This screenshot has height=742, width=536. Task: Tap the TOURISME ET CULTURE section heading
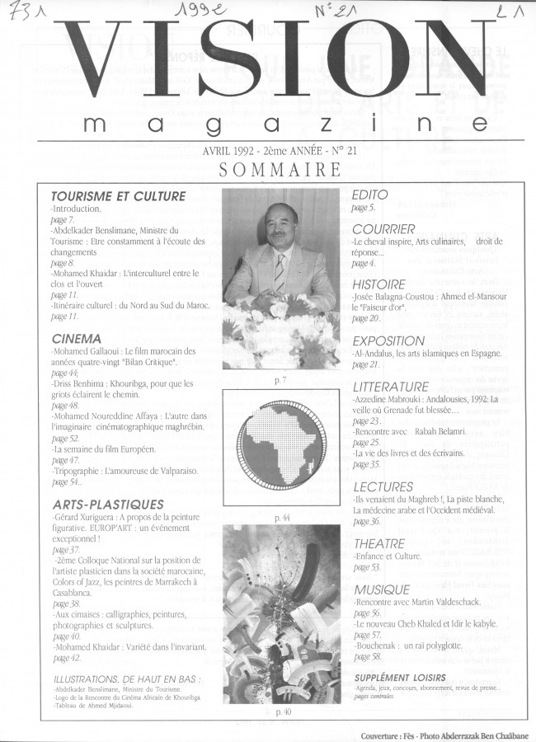pos(118,196)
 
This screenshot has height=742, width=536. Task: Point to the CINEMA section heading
pos(77,338)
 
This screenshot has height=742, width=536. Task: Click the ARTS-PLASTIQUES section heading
pos(107,503)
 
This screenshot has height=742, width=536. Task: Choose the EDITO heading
pos(372,195)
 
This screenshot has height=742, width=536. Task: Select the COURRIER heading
pos(383,229)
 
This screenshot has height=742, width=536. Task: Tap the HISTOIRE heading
pos(379,284)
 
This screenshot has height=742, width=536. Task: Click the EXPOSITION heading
pos(388,340)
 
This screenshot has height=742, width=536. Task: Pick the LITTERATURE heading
pos(391,386)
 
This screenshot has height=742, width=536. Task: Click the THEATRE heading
pos(378,544)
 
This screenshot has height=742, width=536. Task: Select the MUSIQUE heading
pos(381,589)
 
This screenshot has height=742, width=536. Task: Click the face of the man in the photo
pos(278,227)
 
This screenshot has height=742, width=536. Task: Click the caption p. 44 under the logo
pos(282,519)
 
